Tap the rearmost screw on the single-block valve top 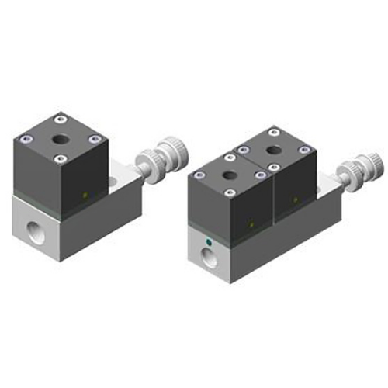(61, 119)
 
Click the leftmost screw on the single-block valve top (26, 140)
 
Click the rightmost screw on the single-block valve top (95, 140)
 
